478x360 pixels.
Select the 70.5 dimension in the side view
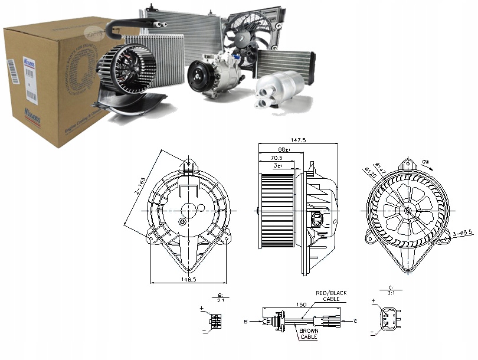(x=276, y=158)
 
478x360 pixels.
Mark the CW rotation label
(x=425, y=160)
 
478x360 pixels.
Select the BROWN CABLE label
(x=309, y=334)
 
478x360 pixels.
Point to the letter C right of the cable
(x=356, y=321)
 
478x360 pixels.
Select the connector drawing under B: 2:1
(x=215, y=320)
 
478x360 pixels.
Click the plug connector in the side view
(x=318, y=220)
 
